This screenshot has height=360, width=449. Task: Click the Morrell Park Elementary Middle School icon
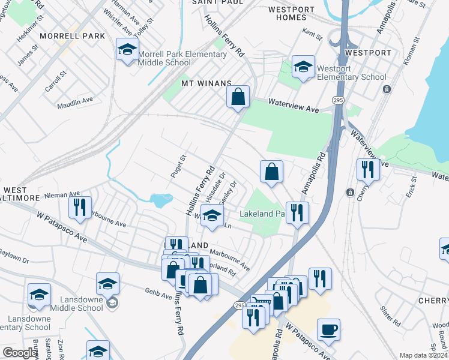point(127,50)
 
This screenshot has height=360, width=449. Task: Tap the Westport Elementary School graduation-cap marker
point(304,67)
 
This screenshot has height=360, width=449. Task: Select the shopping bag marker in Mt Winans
point(238,96)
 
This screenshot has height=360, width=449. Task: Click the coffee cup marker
point(328,329)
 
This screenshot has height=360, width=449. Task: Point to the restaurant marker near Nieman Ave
point(79,208)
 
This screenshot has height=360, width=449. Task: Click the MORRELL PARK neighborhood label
point(72,36)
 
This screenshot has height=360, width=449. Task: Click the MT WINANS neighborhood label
point(206,83)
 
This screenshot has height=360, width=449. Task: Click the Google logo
point(20,353)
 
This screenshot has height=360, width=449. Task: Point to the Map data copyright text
point(423,355)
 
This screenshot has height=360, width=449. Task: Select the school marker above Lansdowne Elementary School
point(39,295)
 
